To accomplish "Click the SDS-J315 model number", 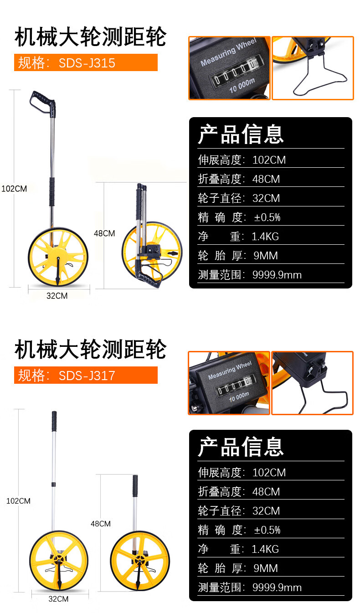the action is [x=87, y=63].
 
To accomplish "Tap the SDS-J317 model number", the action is [x=87, y=376].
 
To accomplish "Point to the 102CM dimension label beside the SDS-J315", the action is [x=14, y=189].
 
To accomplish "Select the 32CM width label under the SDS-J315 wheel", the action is [x=57, y=296].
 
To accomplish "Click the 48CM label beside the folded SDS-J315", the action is [x=104, y=233].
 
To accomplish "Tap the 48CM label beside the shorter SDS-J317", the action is [x=101, y=524].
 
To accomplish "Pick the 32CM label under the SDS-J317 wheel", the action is [x=58, y=599].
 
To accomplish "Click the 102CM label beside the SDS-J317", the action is [x=18, y=501].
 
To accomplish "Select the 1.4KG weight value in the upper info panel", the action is [x=265, y=237].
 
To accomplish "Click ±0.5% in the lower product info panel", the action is [x=267, y=530].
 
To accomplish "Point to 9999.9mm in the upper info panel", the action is [x=277, y=275].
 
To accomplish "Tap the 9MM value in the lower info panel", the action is [x=266, y=568].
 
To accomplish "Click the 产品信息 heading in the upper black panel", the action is [x=241, y=134].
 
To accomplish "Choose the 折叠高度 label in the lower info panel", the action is [x=219, y=492].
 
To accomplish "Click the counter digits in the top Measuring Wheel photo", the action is [x=235, y=71].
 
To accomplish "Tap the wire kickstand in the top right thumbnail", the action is [x=319, y=74].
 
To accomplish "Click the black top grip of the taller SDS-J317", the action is [x=54, y=417].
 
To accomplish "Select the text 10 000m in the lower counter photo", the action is [x=239, y=397].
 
